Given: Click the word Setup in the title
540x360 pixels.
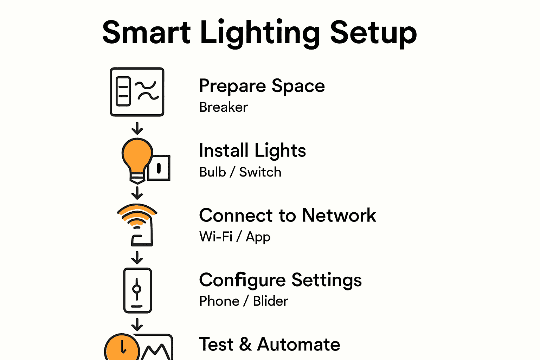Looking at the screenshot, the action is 373,34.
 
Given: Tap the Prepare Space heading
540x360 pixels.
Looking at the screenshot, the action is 262,86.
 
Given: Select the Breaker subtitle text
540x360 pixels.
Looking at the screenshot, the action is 223,107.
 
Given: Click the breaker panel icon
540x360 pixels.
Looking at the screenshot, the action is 137,92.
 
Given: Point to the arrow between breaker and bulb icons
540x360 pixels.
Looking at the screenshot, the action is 137,128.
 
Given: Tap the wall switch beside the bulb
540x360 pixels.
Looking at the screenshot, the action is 159,168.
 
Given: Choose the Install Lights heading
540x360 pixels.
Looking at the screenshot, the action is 252,150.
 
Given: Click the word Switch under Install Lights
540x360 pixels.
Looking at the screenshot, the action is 260,172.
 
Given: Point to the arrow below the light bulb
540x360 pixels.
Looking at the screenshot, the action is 137,193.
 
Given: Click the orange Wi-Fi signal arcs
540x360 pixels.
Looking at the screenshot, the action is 137,214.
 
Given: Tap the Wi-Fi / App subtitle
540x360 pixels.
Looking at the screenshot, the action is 235,237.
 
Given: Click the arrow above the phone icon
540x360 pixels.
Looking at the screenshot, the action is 137,258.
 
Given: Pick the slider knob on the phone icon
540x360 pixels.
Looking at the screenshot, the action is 137,289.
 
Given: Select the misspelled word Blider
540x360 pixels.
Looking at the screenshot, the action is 270,301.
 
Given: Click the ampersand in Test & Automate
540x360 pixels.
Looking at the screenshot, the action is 245,344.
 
